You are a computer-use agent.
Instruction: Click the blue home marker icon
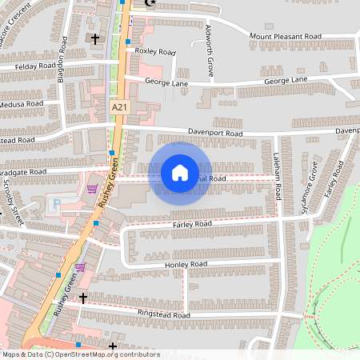click(x=180, y=172)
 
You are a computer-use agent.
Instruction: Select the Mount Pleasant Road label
click(x=285, y=36)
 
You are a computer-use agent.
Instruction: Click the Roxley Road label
click(x=155, y=52)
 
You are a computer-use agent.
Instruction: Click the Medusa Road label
click(x=22, y=103)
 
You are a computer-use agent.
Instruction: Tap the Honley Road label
click(x=186, y=264)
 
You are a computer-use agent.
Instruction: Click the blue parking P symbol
click(x=55, y=204)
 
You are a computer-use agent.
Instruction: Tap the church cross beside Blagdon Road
click(x=95, y=38)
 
